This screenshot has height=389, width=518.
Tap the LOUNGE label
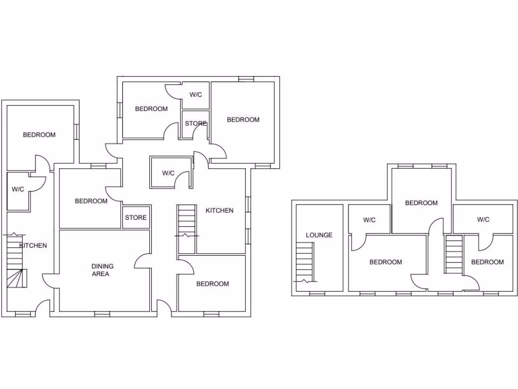tap(319, 235)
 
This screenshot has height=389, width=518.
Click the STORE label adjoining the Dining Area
tap(136, 217)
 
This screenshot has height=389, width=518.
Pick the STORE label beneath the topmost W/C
tap(195, 124)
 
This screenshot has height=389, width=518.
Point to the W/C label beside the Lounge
tap(369, 220)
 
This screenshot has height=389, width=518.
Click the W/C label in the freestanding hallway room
tap(168, 173)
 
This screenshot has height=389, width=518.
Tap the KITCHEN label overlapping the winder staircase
tap(33, 245)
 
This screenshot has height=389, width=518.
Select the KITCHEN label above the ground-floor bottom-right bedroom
tap(220, 210)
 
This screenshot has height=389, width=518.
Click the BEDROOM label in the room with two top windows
tap(421, 203)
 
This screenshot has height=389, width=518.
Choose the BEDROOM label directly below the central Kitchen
tap(212, 284)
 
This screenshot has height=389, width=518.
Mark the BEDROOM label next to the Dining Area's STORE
tap(91, 201)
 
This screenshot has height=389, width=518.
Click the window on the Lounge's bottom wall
tap(317, 294)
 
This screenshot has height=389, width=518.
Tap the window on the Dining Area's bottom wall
tap(102, 314)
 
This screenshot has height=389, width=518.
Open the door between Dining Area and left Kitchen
tap(49, 281)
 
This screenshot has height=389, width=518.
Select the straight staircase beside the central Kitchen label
tap(187, 228)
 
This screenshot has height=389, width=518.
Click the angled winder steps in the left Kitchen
tap(17, 278)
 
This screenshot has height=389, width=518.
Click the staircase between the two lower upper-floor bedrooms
tap(454, 255)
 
